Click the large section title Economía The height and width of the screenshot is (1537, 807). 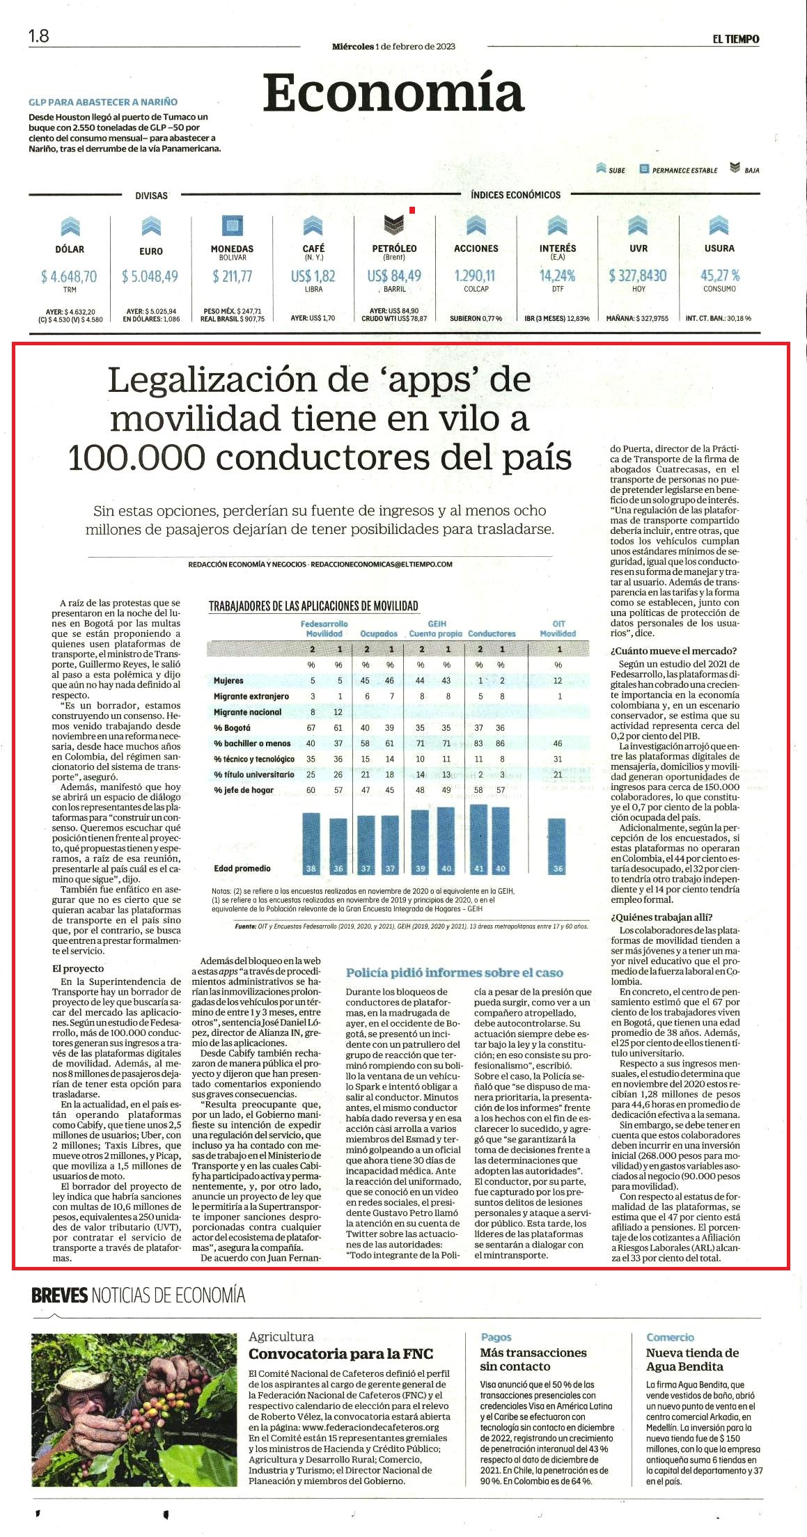[x=393, y=93]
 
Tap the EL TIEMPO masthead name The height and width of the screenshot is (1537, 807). [x=735, y=39]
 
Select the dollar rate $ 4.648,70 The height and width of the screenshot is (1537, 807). [x=69, y=276]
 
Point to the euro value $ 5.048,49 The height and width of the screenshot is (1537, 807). [x=150, y=276]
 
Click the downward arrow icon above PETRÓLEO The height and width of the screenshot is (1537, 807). [x=394, y=224]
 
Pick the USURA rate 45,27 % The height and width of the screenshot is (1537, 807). [x=720, y=275]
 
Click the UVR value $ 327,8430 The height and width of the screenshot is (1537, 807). [x=638, y=276]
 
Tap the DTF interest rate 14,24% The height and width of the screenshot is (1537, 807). [x=557, y=276]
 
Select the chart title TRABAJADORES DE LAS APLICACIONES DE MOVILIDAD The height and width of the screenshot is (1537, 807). [x=313, y=606]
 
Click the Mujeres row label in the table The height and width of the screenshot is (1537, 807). [x=228, y=680]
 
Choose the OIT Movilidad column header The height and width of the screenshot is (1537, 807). [x=558, y=629]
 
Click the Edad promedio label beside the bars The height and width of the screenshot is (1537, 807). [x=242, y=868]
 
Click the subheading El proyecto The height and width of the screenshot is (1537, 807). [x=78, y=968]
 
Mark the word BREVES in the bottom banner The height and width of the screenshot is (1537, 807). [x=60, y=1295]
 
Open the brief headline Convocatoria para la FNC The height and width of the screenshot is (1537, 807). [x=341, y=1354]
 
